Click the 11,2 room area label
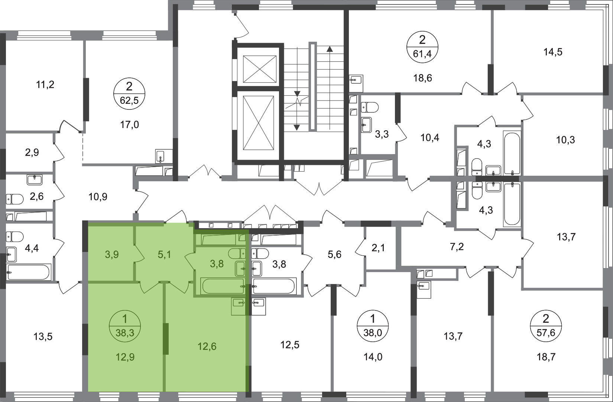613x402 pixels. coord(45,85)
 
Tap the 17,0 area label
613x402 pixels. coord(129,125)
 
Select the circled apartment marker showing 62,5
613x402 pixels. coord(129,94)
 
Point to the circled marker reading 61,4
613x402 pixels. coord(422,47)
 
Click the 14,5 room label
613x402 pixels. coord(553,52)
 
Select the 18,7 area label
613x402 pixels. coord(546,357)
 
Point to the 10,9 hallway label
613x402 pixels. coord(98,197)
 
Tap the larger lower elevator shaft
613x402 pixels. coord(258,123)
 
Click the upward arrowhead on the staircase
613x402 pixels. coord(330,50)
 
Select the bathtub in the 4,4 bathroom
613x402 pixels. coord(29,272)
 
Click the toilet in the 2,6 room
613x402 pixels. coord(15,199)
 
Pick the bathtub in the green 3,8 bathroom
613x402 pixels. coord(223,286)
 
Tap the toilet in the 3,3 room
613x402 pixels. coord(370,107)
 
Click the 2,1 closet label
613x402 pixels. coord(379,248)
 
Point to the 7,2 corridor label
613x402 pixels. coord(457,247)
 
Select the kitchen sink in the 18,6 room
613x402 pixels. coord(356,80)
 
